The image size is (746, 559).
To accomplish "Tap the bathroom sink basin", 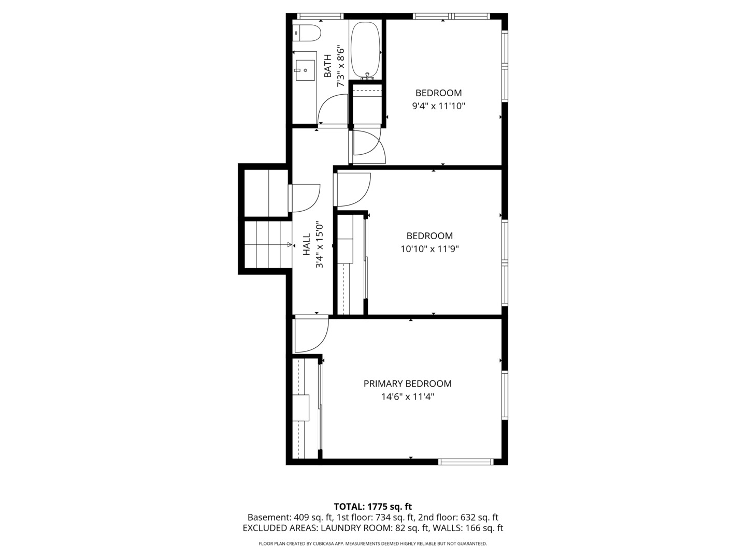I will click(305, 69).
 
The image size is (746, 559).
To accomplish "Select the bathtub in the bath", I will click(366, 50).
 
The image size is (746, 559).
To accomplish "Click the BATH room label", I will click(327, 66).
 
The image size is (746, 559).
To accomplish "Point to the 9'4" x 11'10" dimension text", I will click(438, 106).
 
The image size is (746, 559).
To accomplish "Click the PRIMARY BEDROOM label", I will click(407, 384).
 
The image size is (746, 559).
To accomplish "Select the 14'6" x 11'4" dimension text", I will click(407, 397).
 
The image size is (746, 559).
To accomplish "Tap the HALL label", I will click(307, 244).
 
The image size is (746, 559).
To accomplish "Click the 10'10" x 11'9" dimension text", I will click(429, 249).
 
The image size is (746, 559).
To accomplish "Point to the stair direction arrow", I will click(289, 244).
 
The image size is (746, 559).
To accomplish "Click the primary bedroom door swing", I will click(311, 335).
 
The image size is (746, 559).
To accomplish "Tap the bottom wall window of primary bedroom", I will click(465, 462).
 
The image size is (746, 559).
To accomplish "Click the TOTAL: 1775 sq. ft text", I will click(372, 506).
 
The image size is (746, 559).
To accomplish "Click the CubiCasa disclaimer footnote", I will click(372, 543).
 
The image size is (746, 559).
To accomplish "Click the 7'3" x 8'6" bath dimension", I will click(340, 67).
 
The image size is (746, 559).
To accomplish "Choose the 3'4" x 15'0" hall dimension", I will click(320, 245).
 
